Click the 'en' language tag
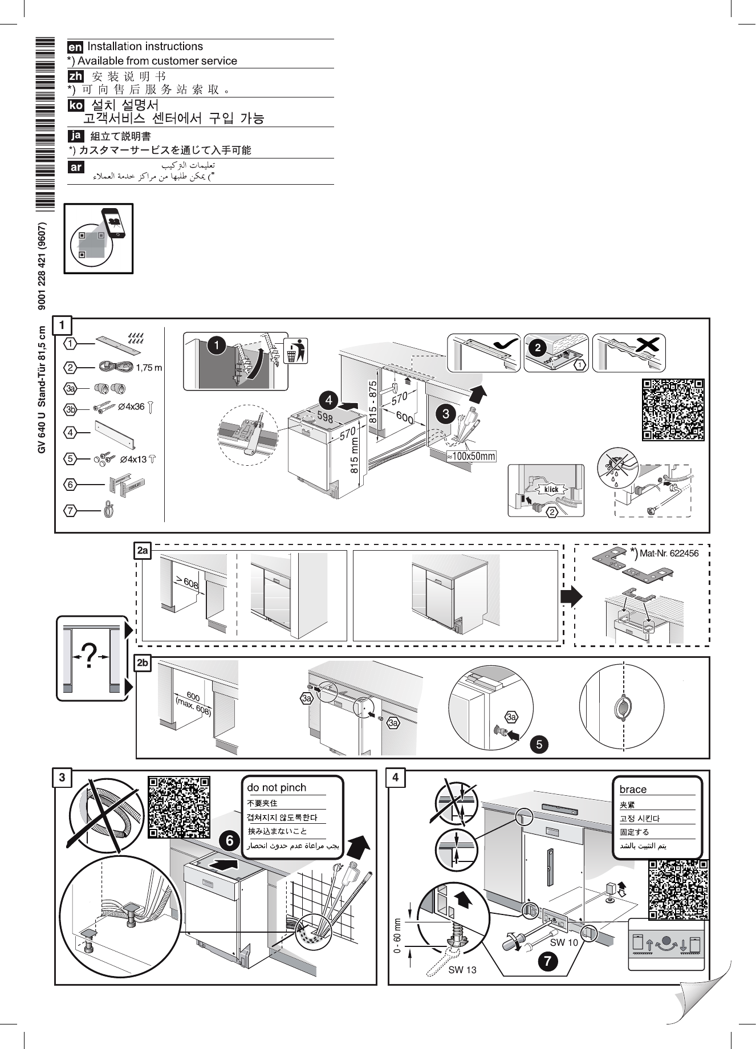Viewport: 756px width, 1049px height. point(75,47)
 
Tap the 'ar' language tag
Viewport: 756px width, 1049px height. point(75,167)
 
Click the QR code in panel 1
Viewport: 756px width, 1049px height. point(673,409)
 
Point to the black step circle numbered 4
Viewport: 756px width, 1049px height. point(328,397)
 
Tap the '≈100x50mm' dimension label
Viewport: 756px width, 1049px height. point(470,456)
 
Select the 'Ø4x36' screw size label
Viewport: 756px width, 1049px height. point(131,407)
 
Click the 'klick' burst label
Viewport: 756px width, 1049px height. point(551,489)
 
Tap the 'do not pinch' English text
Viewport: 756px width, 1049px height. point(277,787)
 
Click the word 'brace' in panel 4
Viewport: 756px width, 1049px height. point(633,790)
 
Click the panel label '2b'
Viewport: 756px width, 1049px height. point(143,664)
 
